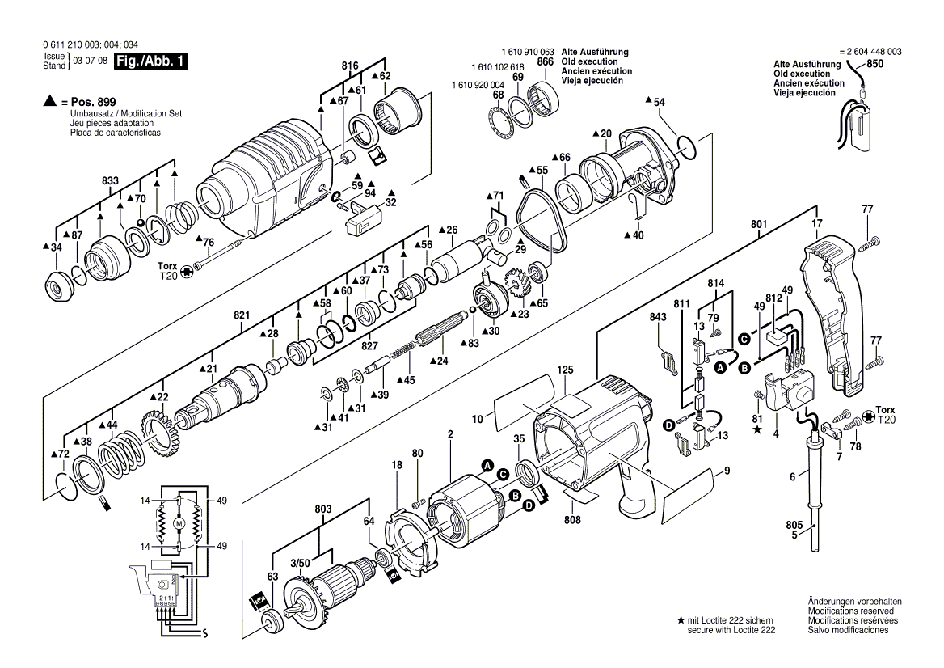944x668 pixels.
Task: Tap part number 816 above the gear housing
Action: coord(350,66)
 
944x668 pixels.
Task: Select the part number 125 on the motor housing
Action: coord(565,370)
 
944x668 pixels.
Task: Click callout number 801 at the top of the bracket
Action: coord(759,225)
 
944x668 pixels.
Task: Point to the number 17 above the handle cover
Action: coord(817,224)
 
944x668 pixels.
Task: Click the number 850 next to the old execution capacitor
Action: coord(874,63)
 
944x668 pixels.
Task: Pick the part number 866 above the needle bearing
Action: coord(545,62)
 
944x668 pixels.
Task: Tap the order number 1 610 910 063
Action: coord(528,53)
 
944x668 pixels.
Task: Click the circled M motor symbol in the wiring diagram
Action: coord(179,524)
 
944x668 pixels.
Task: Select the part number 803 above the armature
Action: coord(323,509)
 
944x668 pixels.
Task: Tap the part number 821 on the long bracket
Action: coord(242,315)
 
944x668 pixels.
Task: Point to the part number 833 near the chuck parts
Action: coord(110,180)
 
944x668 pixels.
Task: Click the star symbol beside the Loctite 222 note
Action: coord(681,619)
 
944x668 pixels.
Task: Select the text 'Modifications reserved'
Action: coord(851,611)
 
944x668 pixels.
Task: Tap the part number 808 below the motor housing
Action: coord(572,519)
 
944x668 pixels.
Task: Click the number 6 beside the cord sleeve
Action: coord(793,477)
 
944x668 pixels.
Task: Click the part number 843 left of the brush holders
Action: coord(658,318)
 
